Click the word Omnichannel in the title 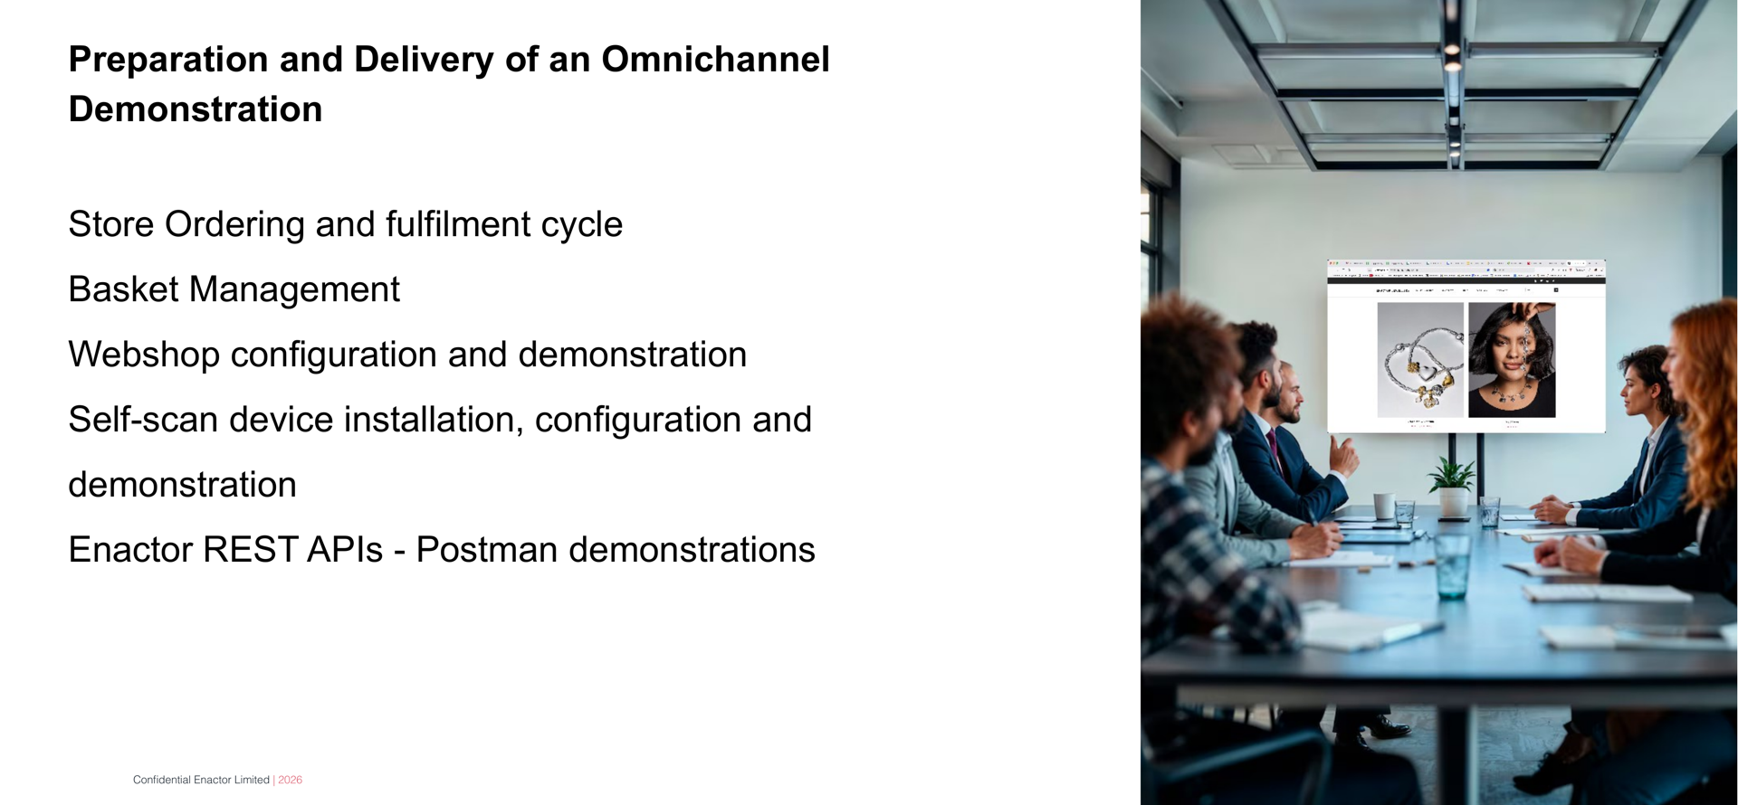715,60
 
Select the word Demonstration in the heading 196,109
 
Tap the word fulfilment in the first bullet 458,224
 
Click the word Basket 123,289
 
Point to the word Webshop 144,355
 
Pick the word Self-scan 143,420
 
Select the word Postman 486,550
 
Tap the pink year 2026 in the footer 291,780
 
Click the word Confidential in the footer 162,780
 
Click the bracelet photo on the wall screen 1420,360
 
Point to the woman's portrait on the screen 1512,360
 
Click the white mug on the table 1383,506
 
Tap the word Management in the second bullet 294,289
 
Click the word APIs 345,550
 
